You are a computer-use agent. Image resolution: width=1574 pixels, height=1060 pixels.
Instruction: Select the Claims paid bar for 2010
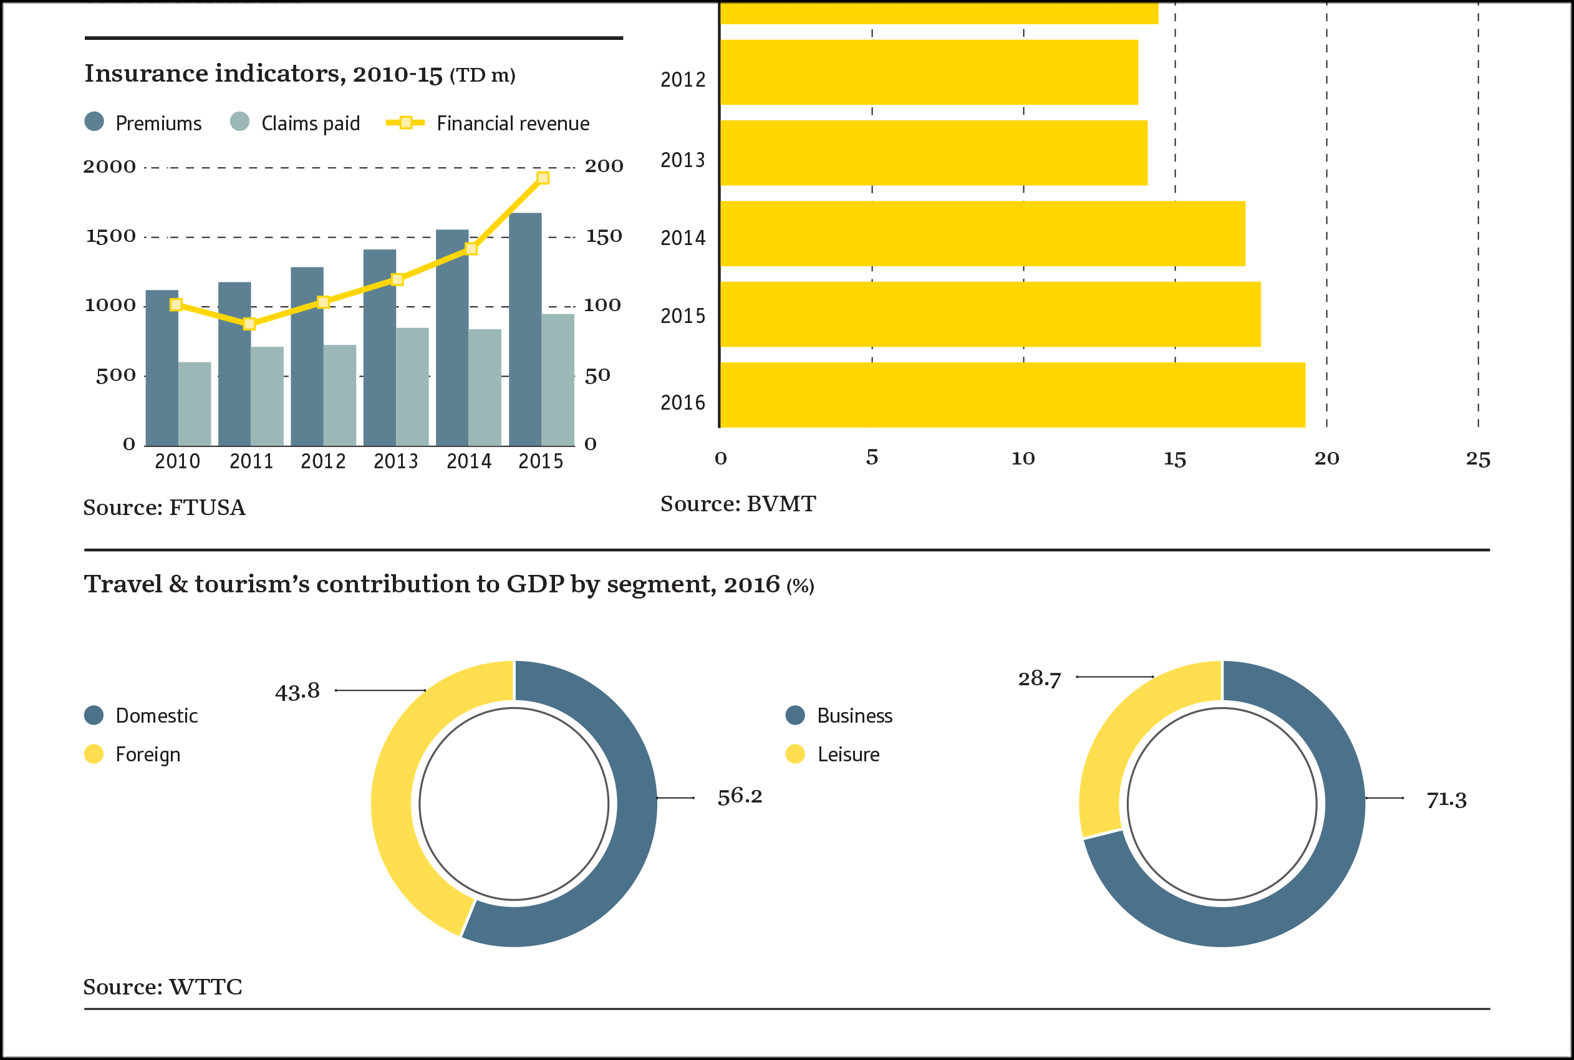195,403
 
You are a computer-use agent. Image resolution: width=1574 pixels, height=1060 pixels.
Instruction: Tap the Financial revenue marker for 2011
249,324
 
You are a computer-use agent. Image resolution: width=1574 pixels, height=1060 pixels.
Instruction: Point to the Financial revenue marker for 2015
543,178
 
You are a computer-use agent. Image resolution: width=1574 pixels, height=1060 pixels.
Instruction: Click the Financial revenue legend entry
488,123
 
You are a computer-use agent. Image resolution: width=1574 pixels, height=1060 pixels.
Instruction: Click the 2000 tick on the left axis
110,166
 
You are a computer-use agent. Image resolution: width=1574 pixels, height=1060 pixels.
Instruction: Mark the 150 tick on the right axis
603,236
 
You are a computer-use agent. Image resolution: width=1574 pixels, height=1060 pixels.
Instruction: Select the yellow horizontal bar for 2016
1012,395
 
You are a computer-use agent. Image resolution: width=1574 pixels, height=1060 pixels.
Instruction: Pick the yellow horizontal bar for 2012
929,72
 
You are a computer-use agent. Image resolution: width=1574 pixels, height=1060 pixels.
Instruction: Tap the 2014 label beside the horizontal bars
682,238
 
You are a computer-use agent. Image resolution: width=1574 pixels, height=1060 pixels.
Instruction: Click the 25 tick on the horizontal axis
1478,460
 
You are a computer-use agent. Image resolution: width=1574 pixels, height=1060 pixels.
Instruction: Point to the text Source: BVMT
738,504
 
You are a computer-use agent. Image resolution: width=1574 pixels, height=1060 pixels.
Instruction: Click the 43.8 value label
297,691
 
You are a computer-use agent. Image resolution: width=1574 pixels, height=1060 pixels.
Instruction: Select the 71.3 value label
1446,801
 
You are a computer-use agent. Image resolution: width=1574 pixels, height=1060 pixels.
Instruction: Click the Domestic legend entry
142,716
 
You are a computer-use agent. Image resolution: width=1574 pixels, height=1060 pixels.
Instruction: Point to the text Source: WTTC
162,987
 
